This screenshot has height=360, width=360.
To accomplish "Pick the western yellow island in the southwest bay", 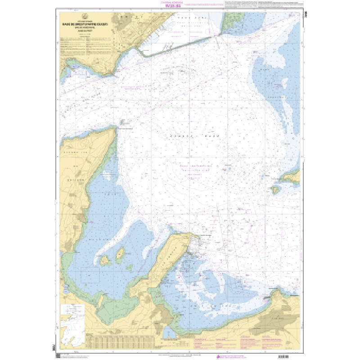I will click(104, 260).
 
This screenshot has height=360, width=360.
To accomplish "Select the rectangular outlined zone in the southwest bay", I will click(90, 274).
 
